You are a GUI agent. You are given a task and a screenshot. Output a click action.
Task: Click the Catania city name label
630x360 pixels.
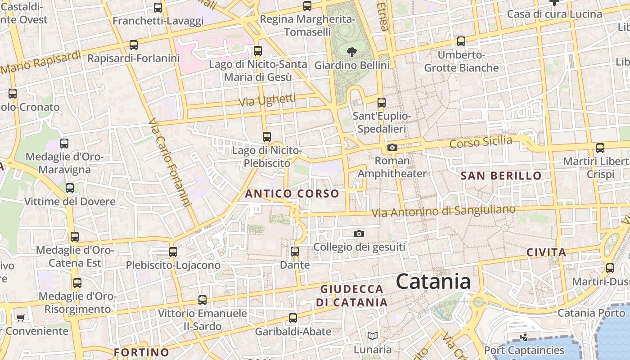[433, 282]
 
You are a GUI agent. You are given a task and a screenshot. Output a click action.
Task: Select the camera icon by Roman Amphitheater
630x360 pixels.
[392, 147]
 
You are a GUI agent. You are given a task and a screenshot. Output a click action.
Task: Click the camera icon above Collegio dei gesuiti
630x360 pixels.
[359, 234]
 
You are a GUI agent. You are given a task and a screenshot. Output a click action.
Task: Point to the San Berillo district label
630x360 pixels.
[501, 176]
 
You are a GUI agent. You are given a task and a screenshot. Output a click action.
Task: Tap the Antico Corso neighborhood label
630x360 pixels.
[292, 194]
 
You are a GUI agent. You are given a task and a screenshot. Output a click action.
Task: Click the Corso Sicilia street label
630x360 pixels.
[481, 142]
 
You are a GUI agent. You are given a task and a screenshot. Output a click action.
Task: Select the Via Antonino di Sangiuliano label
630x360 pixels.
[444, 211]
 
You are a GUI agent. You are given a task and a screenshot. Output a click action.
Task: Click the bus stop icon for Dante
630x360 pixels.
[295, 252]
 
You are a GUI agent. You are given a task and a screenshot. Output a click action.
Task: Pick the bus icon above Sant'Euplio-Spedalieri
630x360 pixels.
[382, 103]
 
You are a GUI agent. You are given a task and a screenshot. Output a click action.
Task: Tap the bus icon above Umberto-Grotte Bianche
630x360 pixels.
[461, 41]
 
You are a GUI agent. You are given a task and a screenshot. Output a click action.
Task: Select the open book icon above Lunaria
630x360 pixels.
[372, 336]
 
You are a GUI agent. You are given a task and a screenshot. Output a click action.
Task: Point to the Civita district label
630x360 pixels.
[546, 252]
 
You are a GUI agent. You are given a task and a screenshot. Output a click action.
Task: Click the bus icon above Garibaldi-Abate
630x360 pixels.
[293, 318]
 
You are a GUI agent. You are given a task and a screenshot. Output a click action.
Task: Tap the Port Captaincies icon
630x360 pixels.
[523, 337]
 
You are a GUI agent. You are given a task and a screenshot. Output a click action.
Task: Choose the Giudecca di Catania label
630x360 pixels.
[351, 296]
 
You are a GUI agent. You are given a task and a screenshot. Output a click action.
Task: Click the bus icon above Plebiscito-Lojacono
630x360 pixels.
[173, 252]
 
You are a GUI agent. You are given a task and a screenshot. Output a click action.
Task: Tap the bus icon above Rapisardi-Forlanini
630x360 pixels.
[134, 45]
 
